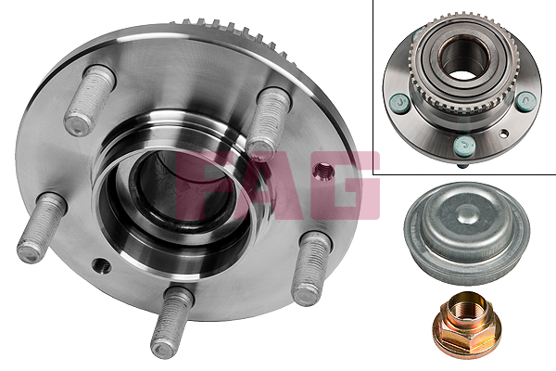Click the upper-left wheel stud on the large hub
[90, 100]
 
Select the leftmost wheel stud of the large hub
[41, 228]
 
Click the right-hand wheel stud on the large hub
[311, 268]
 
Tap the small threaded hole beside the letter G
[324, 172]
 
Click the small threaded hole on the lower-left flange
[101, 265]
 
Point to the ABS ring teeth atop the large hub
[234, 36]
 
